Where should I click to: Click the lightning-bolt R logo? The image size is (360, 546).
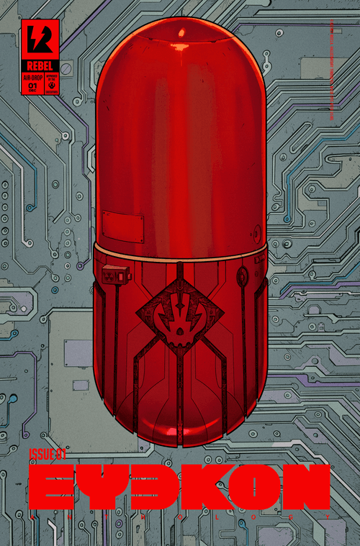click(x=40, y=38)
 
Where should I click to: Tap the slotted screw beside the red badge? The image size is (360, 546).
click(x=66, y=69)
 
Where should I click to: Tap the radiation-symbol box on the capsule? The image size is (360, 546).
click(x=115, y=275)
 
